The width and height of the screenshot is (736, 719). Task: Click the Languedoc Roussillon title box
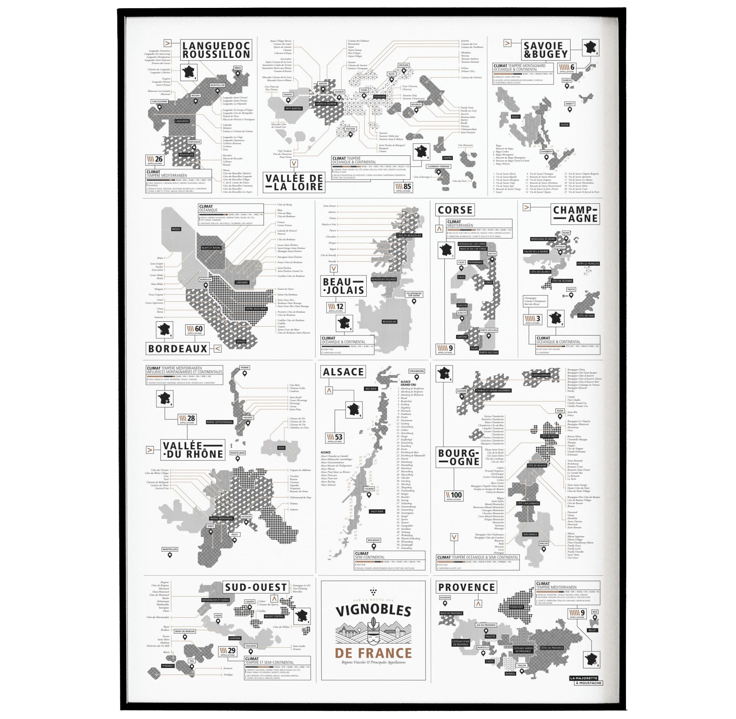click(216, 50)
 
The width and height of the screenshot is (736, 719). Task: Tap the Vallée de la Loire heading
click(294, 182)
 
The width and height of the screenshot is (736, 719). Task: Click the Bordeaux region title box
click(178, 349)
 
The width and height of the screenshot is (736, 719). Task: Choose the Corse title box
click(455, 210)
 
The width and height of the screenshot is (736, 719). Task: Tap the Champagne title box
click(575, 214)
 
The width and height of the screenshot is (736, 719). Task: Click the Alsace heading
click(343, 372)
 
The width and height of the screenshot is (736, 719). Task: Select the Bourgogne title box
click(459, 457)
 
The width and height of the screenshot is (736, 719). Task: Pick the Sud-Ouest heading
click(256, 587)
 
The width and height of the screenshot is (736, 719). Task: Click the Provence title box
click(466, 587)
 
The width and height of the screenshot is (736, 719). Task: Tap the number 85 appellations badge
click(403, 187)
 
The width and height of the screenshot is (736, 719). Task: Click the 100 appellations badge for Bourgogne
click(454, 496)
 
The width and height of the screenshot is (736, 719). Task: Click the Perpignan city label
click(194, 142)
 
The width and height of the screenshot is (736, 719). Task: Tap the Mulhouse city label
click(374, 540)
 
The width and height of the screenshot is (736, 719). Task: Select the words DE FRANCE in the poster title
click(373, 653)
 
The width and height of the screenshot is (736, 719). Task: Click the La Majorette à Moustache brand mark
click(586, 681)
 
